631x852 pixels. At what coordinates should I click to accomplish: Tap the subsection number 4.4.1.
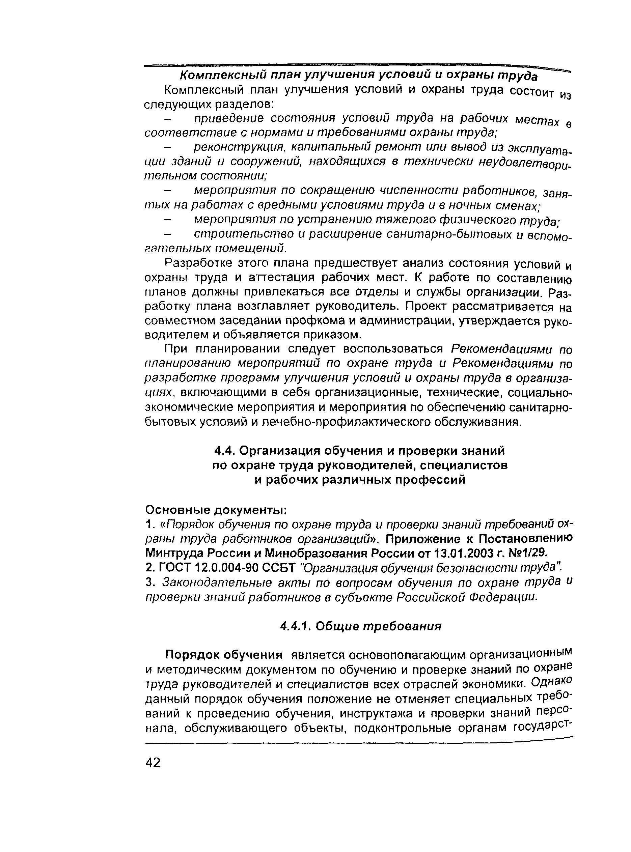click(296, 626)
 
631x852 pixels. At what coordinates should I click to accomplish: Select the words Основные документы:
click(217, 510)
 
